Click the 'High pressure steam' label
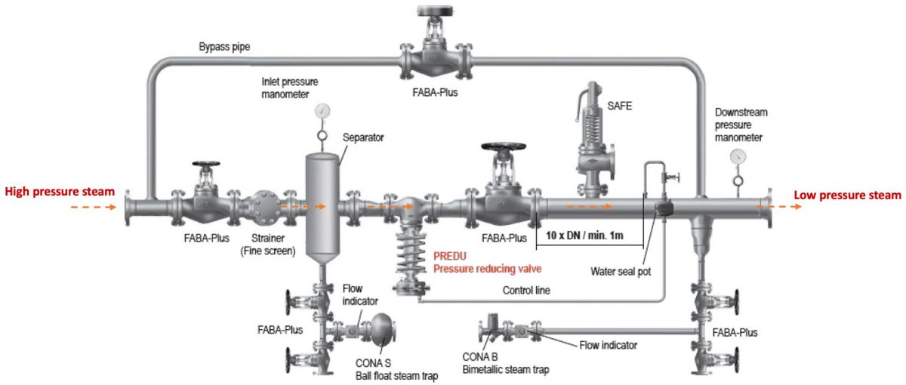pyautogui.click(x=60, y=192)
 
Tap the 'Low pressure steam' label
pyautogui.click(x=847, y=196)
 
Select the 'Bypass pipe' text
pyautogui.click(x=224, y=47)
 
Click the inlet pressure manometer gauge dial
pyautogui.click(x=322, y=111)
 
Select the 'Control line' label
pyautogui.click(x=527, y=290)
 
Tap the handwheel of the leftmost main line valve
pyautogui.click(x=205, y=165)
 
